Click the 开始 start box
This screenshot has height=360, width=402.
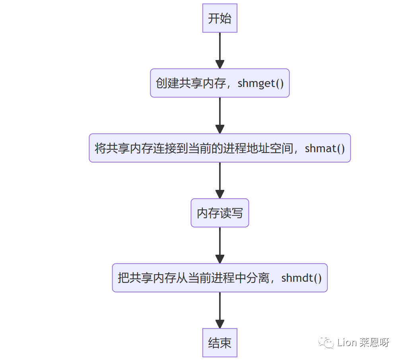click(219, 18)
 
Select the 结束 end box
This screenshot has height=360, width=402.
click(219, 343)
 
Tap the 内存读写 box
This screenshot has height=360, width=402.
click(219, 213)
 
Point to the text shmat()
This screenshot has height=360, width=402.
click(324, 148)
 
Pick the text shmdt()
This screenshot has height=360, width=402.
click(301, 278)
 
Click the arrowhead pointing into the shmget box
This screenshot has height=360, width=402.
click(219, 64)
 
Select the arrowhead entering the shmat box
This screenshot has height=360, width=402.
click(219, 129)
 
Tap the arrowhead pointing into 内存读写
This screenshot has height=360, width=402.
click(219, 194)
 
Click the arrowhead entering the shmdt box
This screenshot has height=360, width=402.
click(219, 259)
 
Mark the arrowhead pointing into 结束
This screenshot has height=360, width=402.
click(219, 324)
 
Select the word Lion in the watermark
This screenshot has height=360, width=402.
click(346, 342)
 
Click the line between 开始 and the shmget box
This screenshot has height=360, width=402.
click(219, 46)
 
